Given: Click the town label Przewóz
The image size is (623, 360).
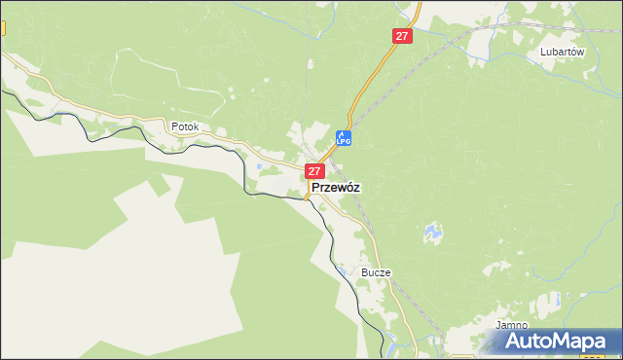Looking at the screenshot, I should (336, 189).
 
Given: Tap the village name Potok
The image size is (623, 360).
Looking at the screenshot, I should (184, 126).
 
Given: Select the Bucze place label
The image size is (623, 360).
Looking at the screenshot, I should (375, 272).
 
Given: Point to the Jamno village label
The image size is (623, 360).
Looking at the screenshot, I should (511, 325).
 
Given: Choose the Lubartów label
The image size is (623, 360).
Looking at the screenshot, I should (562, 54).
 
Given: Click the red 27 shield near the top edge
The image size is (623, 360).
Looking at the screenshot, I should (403, 36).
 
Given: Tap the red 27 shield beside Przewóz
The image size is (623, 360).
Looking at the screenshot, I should (314, 171).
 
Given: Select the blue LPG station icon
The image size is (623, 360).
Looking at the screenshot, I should (343, 138).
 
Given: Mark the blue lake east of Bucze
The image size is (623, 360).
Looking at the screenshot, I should (429, 234).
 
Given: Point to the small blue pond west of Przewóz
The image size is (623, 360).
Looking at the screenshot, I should (258, 166).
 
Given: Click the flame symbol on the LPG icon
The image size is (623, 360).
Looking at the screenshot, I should (343, 134).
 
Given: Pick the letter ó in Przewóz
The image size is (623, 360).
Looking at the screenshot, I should (348, 189).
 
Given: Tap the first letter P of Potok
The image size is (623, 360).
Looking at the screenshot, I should (173, 126).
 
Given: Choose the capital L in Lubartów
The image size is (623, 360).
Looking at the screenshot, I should (543, 54).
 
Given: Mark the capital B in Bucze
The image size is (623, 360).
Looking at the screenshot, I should (364, 272).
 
